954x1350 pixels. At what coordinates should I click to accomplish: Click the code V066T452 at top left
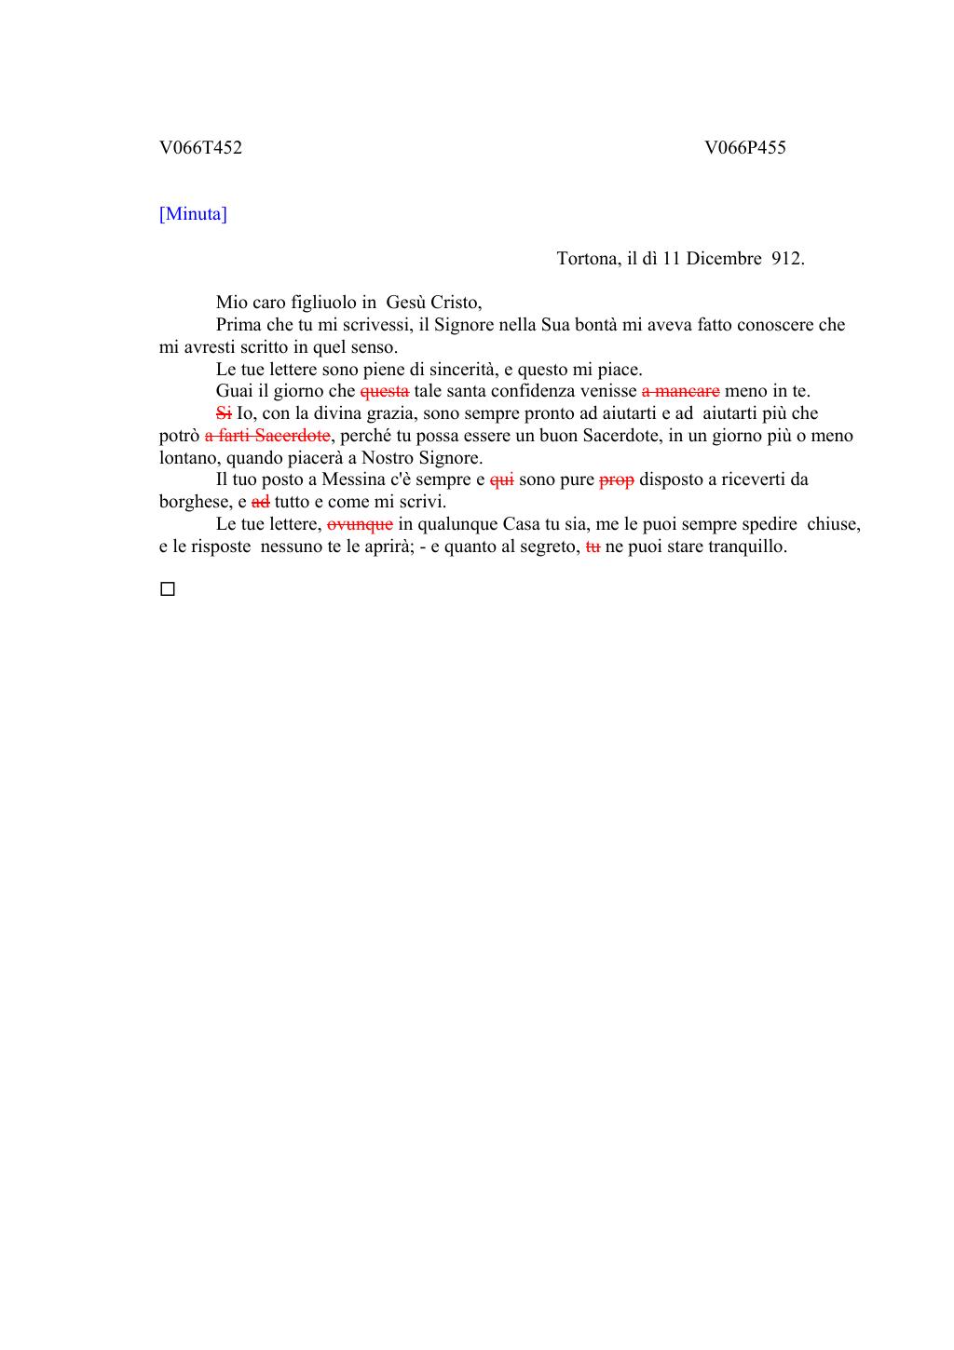pyautogui.click(x=200, y=148)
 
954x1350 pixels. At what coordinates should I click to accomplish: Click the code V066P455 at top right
pyautogui.click(x=744, y=148)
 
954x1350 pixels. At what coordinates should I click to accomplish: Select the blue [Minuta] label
pyautogui.click(x=193, y=215)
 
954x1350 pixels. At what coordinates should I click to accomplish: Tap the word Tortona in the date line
pyautogui.click(x=587, y=259)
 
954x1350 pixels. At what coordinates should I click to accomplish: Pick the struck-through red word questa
pyautogui.click(x=384, y=392)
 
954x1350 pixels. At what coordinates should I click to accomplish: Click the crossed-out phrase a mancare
pyautogui.click(x=680, y=392)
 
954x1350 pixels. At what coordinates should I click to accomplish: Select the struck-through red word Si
pyautogui.click(x=224, y=413)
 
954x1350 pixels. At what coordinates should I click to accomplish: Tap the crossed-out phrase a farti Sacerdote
pyautogui.click(x=267, y=436)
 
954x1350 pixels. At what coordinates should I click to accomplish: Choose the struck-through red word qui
pyautogui.click(x=501, y=480)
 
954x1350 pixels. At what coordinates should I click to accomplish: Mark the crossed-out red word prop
pyautogui.click(x=616, y=480)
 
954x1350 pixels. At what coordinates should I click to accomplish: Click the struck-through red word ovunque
pyautogui.click(x=360, y=524)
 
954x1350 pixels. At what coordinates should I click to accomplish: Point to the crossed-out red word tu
pyautogui.click(x=593, y=547)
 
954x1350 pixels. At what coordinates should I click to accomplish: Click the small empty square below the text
pyautogui.click(x=168, y=589)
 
